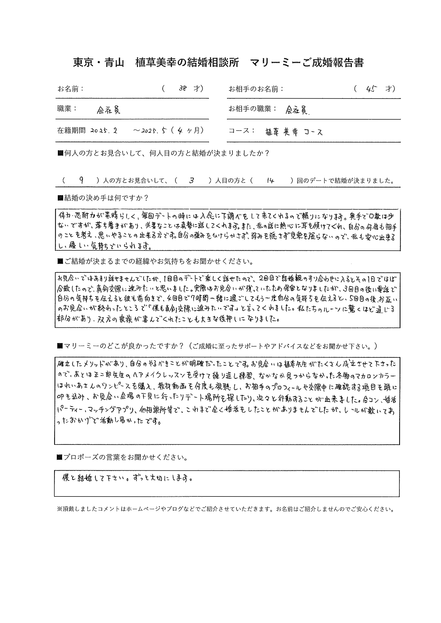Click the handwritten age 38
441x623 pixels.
[x=182, y=88]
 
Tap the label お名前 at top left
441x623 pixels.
[x=70, y=89]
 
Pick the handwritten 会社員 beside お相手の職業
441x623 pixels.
[x=297, y=110]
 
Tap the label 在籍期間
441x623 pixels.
[x=71, y=131]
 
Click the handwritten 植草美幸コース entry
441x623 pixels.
[x=294, y=132]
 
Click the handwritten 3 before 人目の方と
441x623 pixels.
[x=192, y=181]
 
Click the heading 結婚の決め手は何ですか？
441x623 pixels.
[x=103, y=198]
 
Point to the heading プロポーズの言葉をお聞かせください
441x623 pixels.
[x=122, y=457]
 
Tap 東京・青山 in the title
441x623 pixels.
[x=98, y=63]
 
